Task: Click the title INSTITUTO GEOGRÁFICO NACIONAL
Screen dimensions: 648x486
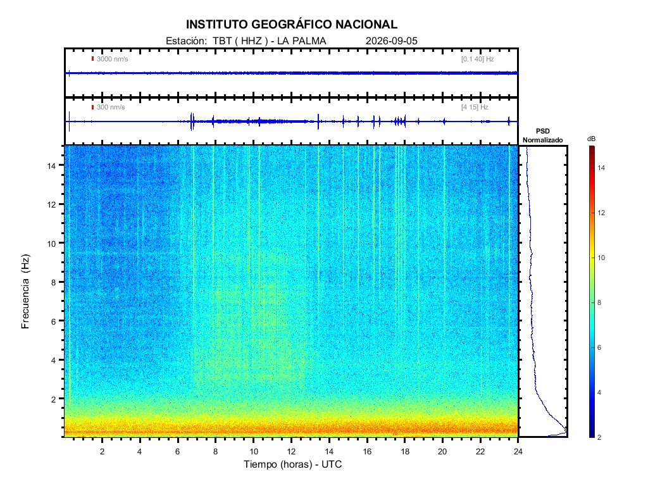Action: click(291, 25)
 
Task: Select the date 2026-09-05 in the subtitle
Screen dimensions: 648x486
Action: click(391, 41)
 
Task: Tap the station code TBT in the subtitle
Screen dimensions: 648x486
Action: click(221, 41)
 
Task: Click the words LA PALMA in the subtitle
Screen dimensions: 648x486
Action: click(302, 41)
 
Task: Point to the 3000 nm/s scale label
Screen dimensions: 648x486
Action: click(113, 59)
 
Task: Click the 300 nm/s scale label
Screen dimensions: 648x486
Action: click(111, 108)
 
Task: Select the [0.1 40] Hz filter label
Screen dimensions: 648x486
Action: click(477, 59)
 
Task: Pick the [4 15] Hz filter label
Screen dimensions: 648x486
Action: click(475, 108)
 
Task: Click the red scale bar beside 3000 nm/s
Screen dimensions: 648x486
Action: click(92, 59)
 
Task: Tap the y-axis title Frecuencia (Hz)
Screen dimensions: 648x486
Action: click(25, 292)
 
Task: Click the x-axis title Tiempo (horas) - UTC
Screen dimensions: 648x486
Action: click(292, 464)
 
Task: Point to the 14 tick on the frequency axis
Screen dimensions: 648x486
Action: click(51, 165)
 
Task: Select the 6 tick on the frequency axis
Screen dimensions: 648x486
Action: click(53, 321)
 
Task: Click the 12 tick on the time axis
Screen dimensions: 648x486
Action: click(291, 451)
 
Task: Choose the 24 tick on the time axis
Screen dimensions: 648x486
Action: click(518, 451)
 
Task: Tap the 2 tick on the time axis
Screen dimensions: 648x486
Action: click(102, 451)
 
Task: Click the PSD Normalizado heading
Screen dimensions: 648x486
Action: click(542, 135)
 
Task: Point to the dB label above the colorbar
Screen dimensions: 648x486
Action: click(592, 139)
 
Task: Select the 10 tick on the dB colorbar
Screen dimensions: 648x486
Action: click(601, 258)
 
